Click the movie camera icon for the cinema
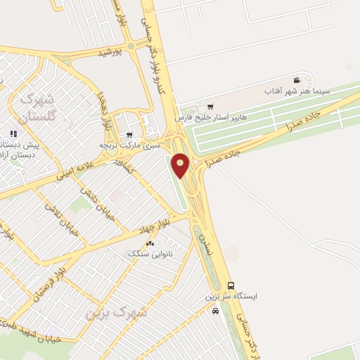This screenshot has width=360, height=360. pyautogui.click(x=297, y=80)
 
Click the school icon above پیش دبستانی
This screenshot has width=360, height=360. pyautogui.click(x=12, y=134)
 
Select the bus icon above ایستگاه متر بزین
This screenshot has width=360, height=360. pyautogui.click(x=231, y=285)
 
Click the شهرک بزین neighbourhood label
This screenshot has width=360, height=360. pyautogui.click(x=115, y=311)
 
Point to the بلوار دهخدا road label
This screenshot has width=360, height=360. pyautogui.click(x=105, y=110)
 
